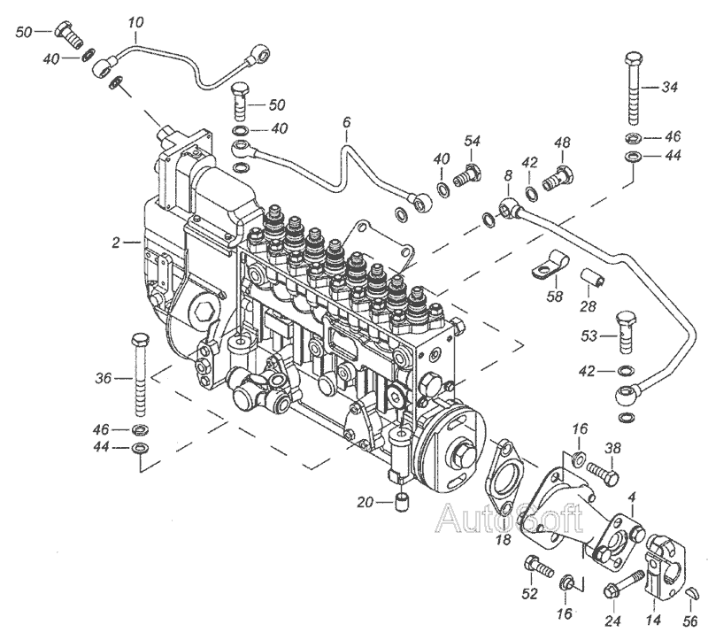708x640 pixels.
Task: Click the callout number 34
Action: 670,87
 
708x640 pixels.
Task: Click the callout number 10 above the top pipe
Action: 135,19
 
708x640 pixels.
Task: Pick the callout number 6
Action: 347,122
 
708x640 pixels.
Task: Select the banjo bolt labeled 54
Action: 470,174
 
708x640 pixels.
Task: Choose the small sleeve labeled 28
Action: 595,283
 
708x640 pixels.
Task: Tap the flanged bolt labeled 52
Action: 534,566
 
